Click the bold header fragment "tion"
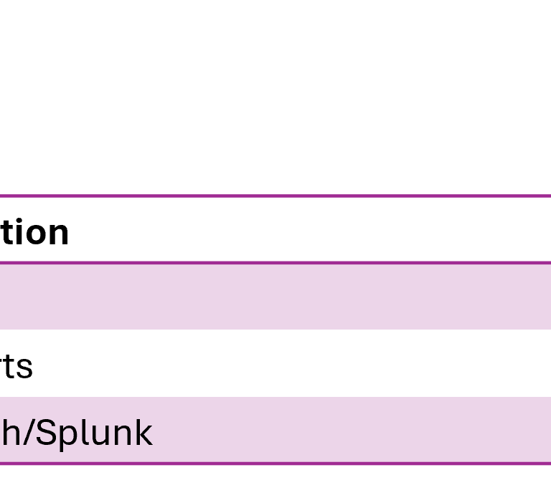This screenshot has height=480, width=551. [x=34, y=233]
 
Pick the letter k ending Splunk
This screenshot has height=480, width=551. [x=143, y=433]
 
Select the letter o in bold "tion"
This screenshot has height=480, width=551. [x=34, y=234]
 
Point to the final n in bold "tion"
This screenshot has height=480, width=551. [x=57, y=234]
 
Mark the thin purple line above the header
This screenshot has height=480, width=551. [x=275, y=196]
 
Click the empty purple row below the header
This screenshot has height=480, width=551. [x=275, y=294]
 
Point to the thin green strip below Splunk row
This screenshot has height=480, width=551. [x=275, y=473]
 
